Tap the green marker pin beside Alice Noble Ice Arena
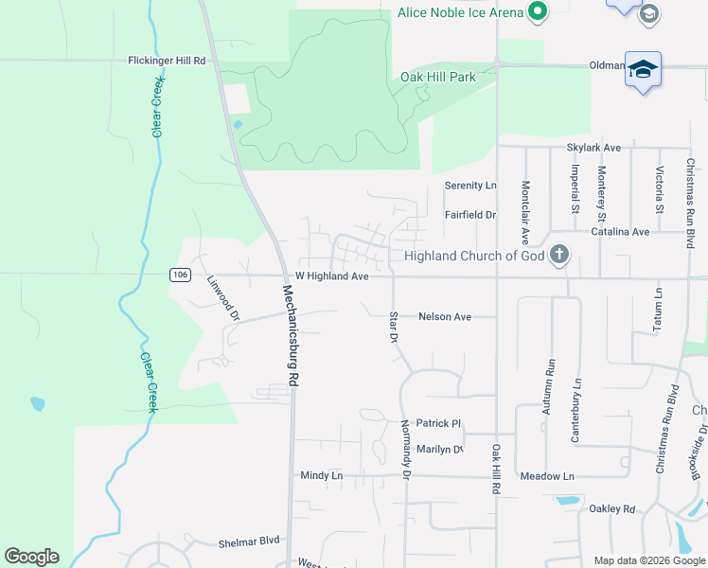click(x=538, y=11)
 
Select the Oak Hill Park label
click(x=437, y=77)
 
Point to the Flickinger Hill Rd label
click(x=167, y=61)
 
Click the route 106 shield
click(x=180, y=275)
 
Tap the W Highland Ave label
click(x=331, y=276)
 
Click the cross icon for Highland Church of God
click(x=560, y=254)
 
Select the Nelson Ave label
click(x=445, y=317)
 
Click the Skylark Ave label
click(x=593, y=148)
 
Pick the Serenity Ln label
click(x=470, y=186)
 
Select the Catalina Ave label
click(x=620, y=231)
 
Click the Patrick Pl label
click(x=438, y=424)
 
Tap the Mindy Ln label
click(x=321, y=475)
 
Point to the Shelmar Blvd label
click(x=249, y=541)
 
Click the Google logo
click(x=31, y=557)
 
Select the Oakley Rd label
click(x=612, y=508)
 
